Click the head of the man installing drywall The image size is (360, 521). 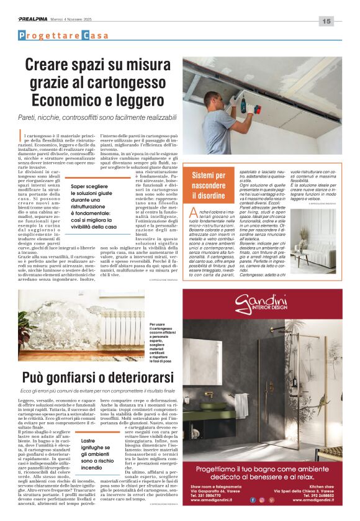(210, 100)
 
